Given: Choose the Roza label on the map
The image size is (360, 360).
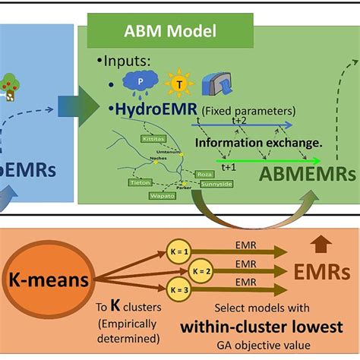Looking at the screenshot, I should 206,173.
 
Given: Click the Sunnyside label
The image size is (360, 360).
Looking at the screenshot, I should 216,184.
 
